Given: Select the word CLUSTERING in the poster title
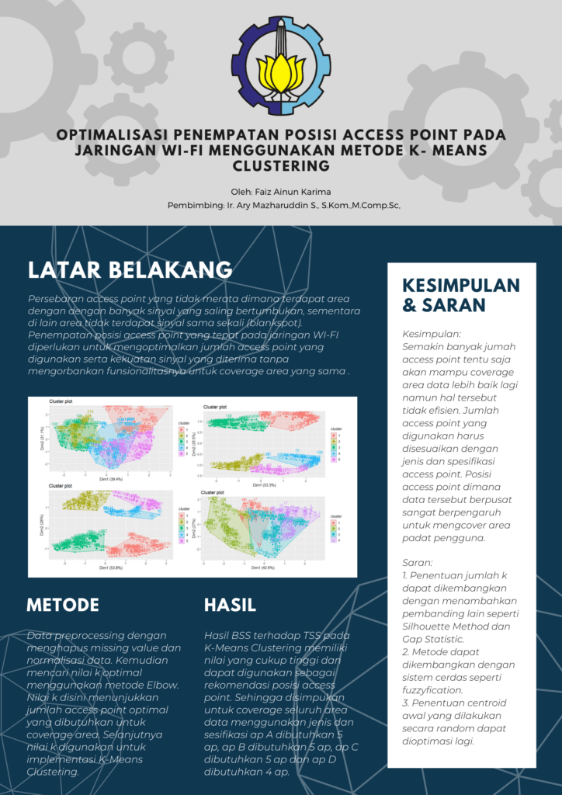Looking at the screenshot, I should (x=281, y=166).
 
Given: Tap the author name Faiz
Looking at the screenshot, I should (x=275, y=191).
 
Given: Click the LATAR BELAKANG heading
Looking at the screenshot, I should (x=130, y=269).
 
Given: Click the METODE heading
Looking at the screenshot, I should (x=63, y=605).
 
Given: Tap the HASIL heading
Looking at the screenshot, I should (x=230, y=605).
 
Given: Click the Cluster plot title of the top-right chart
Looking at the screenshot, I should (x=216, y=407).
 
